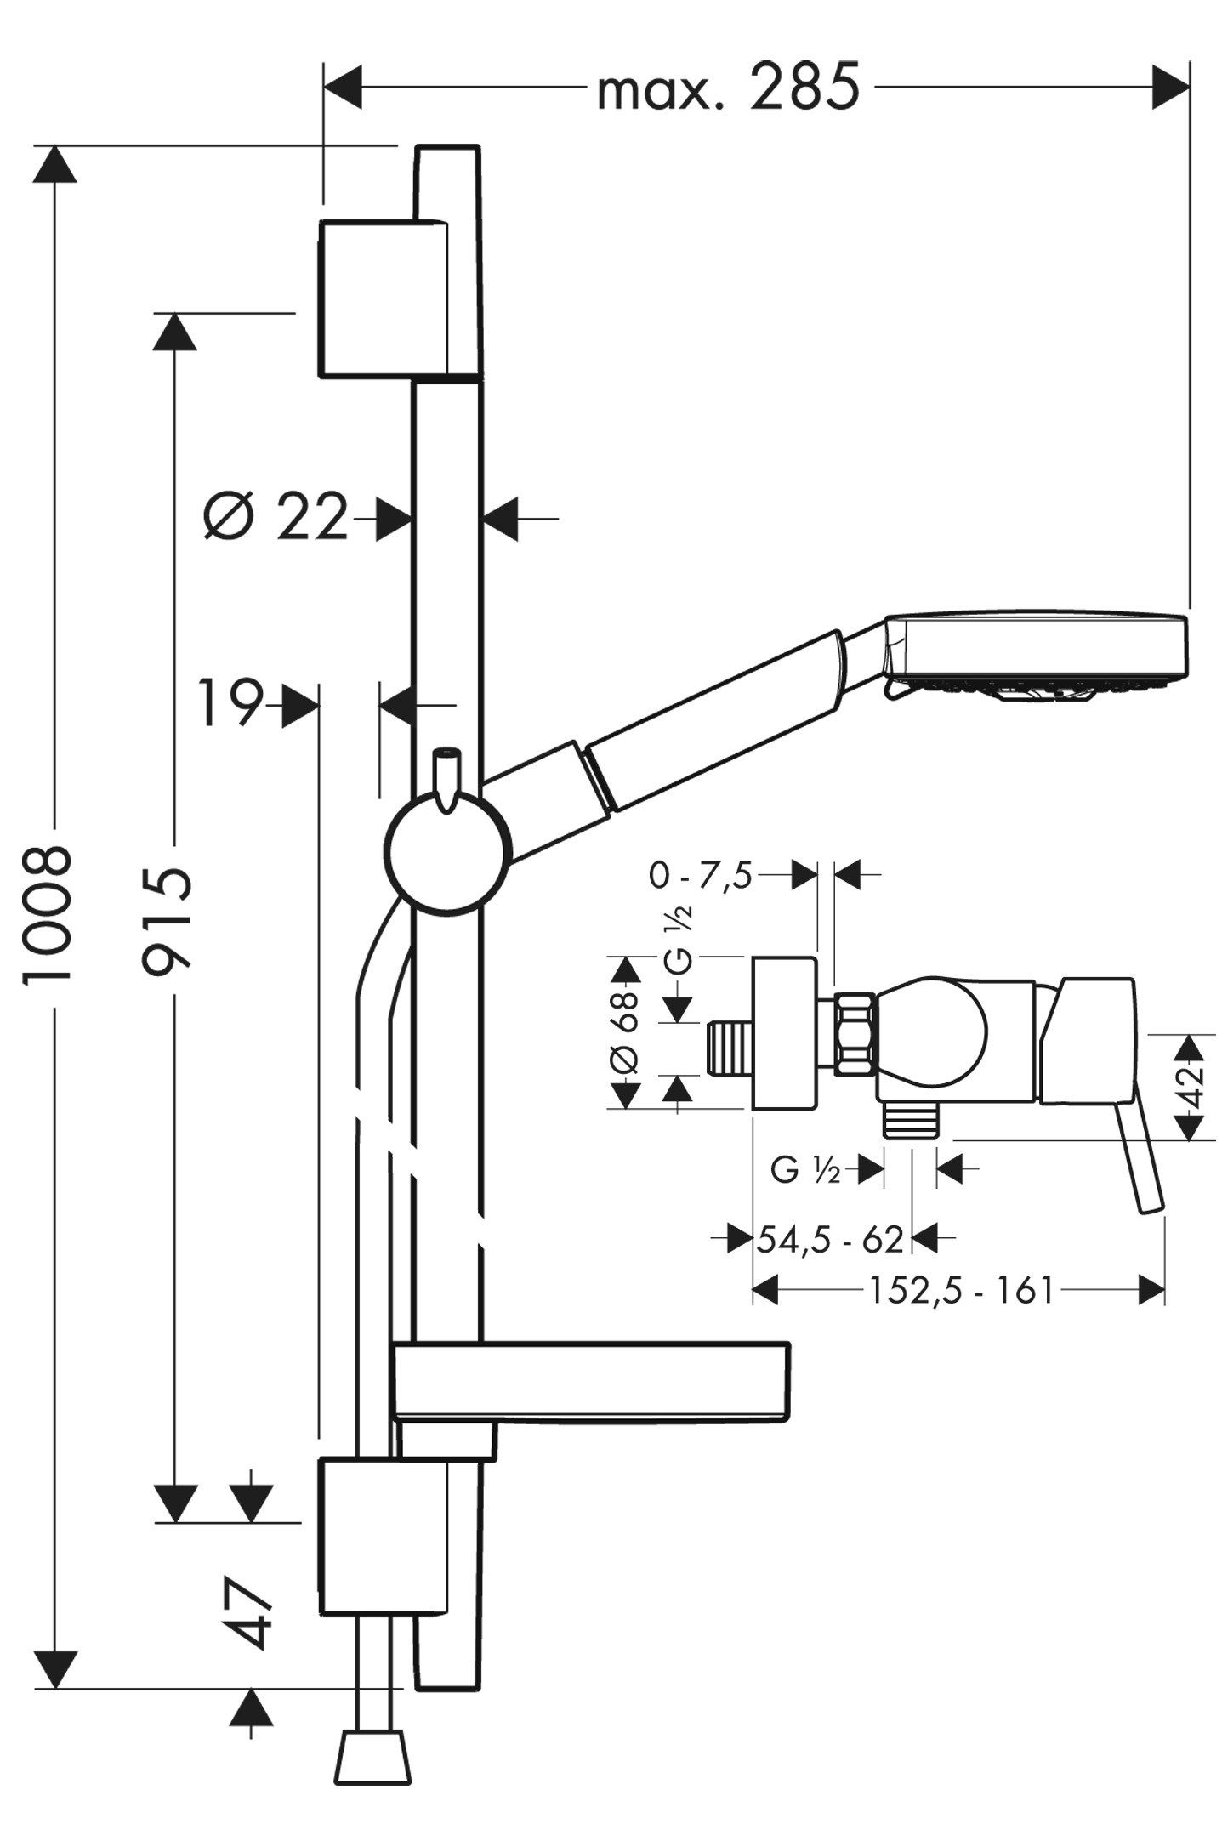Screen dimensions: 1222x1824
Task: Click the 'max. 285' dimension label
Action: tap(729, 87)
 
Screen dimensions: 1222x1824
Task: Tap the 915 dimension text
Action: tap(168, 920)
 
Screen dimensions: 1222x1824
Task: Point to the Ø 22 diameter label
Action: tap(276, 516)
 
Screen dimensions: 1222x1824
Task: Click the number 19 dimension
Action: tap(230, 703)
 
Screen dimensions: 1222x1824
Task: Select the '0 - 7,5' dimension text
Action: tap(701, 875)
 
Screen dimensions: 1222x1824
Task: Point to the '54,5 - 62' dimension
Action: tap(830, 1240)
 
